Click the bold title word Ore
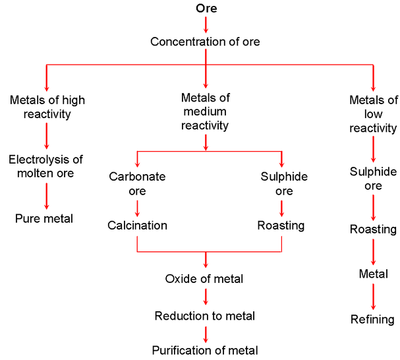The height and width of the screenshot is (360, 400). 206,9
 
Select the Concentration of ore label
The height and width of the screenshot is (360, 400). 205,42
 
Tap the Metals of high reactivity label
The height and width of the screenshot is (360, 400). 47,107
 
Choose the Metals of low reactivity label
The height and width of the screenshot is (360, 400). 373,114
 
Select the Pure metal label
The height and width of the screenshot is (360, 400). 45,218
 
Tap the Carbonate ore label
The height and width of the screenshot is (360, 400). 137,184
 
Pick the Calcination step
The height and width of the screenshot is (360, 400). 137,225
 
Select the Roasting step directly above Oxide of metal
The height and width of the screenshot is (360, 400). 281,225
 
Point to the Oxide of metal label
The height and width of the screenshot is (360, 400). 204,279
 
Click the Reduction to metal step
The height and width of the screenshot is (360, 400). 205,316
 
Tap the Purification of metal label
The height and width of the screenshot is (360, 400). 205,350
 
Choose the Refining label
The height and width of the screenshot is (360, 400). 373,320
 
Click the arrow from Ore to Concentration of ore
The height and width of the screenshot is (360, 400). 206,24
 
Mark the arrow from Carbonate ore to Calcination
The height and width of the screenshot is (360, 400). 137,207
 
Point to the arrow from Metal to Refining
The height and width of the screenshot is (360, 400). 373,296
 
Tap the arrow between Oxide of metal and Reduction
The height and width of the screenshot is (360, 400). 206,297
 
